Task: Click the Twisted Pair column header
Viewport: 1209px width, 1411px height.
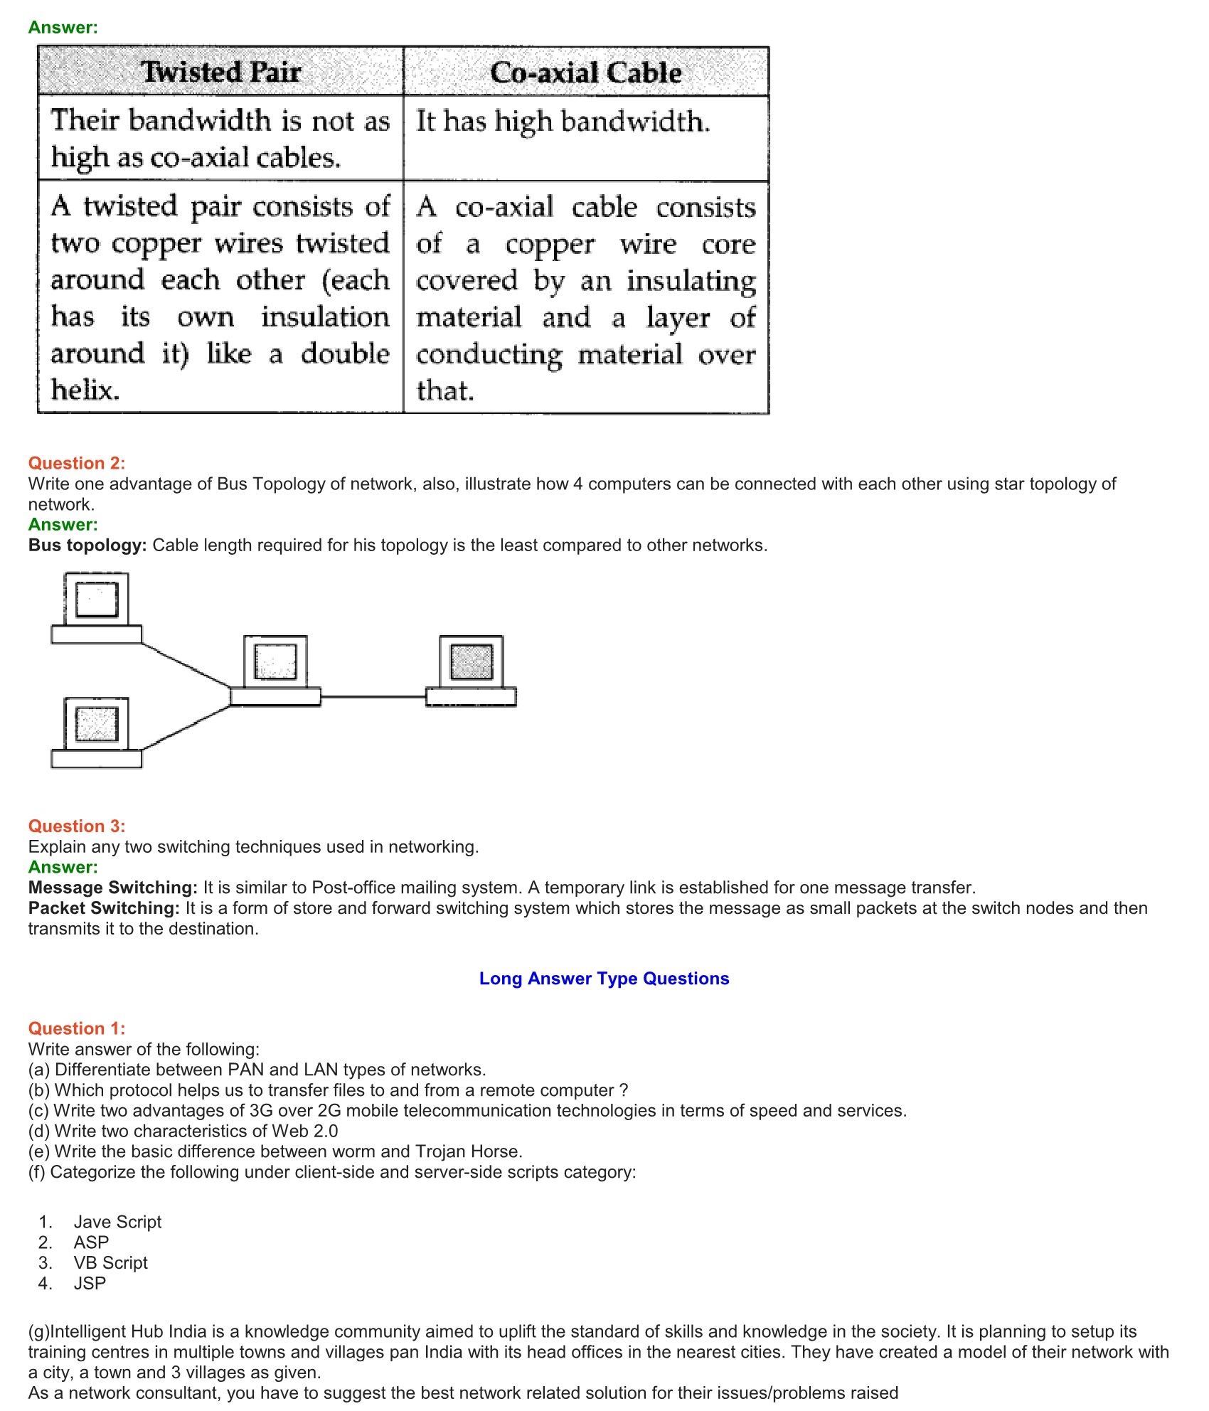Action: point(220,72)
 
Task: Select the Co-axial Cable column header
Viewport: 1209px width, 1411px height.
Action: point(585,73)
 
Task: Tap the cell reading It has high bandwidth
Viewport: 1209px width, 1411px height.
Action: point(563,122)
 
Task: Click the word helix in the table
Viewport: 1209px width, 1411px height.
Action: point(85,390)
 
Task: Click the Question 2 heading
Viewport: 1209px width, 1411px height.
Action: point(77,463)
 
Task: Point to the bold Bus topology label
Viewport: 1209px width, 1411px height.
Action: point(87,545)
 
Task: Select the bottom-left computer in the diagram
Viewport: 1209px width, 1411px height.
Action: point(97,733)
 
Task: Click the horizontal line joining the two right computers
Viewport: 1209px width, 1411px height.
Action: point(373,697)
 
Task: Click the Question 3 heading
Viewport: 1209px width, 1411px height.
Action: point(77,826)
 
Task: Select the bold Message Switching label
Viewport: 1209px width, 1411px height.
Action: point(112,888)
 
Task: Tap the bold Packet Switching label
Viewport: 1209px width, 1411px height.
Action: point(104,908)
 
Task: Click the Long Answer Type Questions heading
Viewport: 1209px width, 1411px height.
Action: point(604,979)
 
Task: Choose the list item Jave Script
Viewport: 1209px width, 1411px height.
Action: point(117,1222)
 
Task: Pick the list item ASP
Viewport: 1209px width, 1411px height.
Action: point(91,1242)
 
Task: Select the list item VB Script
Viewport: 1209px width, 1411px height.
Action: point(110,1263)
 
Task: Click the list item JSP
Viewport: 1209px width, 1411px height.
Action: point(90,1284)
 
